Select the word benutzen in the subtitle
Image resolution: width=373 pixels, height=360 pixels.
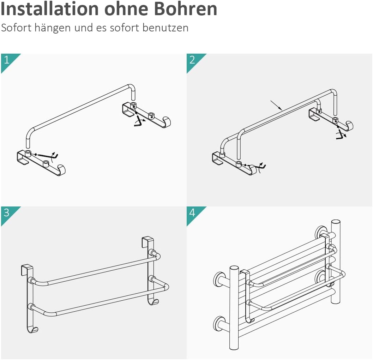(166, 28)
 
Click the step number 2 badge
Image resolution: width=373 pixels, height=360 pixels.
(192, 60)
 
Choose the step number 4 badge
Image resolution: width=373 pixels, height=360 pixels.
(192, 213)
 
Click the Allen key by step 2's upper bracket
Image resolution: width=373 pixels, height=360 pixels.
(341, 135)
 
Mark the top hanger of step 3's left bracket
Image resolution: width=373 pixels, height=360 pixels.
(26, 269)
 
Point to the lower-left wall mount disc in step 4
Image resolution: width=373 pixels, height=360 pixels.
(219, 323)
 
